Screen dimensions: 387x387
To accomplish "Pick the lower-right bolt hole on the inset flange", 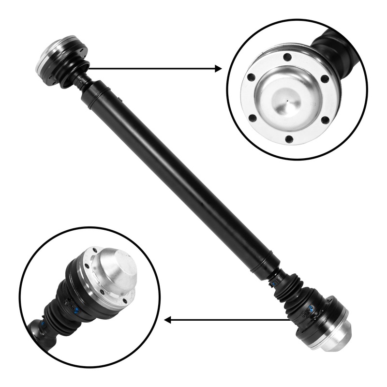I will (325, 119).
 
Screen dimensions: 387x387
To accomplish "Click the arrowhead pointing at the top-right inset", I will (219, 69).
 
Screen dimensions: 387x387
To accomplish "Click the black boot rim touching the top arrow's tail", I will (83, 69).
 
